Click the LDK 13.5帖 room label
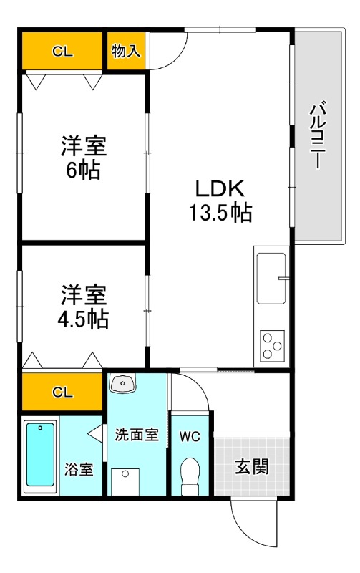(x=220, y=201)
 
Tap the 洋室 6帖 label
(x=83, y=158)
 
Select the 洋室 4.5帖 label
(x=83, y=307)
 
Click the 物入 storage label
(x=127, y=51)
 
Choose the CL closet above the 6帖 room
(x=62, y=52)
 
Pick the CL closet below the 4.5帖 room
(x=62, y=392)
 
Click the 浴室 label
(x=79, y=470)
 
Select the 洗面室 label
(x=136, y=435)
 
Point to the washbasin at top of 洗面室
(x=122, y=385)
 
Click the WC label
(x=190, y=435)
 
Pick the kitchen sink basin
(x=271, y=278)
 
